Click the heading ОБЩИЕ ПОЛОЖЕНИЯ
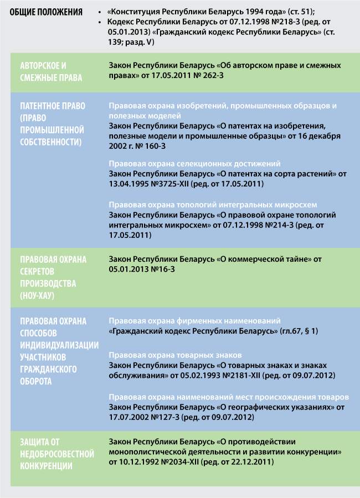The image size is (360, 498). (48, 12)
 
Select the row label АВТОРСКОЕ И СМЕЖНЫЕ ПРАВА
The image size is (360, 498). (51, 71)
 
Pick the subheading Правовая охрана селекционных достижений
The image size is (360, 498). (194, 164)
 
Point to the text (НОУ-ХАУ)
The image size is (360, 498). (41, 295)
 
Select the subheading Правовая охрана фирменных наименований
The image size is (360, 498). (194, 321)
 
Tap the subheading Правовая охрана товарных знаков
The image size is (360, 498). (175, 355)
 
